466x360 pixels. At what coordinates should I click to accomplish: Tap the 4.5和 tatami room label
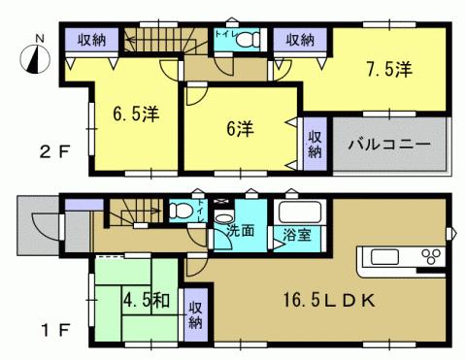click(x=148, y=299)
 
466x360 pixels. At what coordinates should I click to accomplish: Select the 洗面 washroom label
click(x=240, y=232)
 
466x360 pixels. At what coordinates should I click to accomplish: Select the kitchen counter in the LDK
click(x=401, y=259)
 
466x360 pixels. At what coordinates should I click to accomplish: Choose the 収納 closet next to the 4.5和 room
click(x=193, y=311)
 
